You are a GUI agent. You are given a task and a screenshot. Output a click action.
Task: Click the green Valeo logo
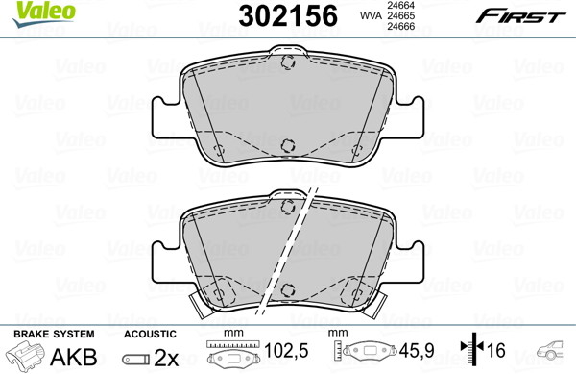(44, 13)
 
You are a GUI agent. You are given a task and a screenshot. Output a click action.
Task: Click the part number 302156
(288, 15)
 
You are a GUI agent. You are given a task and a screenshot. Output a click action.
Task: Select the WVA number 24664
(399, 5)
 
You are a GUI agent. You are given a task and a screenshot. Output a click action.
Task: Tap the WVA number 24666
(399, 27)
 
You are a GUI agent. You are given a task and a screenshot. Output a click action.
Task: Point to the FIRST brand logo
(521, 16)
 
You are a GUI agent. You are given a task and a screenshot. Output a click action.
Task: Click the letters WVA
(371, 15)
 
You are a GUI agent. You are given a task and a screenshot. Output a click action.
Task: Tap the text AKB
(74, 357)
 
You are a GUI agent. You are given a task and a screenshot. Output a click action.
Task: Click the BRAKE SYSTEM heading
(54, 334)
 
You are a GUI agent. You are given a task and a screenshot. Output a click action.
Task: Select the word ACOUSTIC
(150, 334)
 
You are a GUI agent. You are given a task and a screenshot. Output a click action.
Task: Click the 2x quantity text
(166, 358)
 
